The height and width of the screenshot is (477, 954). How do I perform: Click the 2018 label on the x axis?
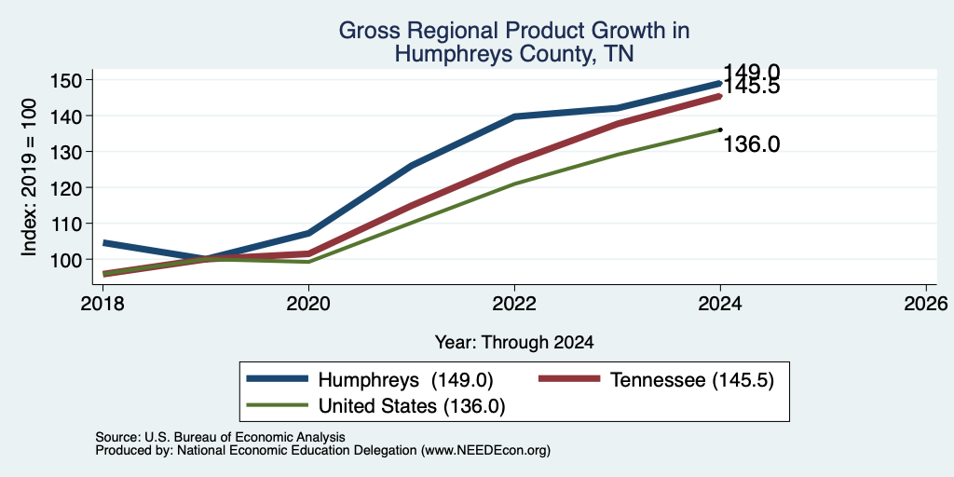click(x=102, y=304)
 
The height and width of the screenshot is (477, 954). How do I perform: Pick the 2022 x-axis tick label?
click(x=514, y=304)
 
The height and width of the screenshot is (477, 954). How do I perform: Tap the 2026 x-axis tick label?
click(x=927, y=304)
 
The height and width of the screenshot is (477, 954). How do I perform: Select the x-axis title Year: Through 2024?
click(x=514, y=342)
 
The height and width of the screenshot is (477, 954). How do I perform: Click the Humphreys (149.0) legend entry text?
click(x=405, y=380)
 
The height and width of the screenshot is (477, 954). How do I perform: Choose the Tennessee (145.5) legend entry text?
click(x=692, y=380)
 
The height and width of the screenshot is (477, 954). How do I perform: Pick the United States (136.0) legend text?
click(x=411, y=405)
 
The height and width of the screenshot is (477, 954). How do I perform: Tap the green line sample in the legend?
click(x=277, y=404)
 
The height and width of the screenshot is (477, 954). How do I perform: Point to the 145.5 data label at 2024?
click(x=752, y=87)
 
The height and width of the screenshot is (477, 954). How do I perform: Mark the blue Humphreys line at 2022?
click(x=514, y=116)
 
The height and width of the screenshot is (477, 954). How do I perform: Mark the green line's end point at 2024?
click(x=720, y=129)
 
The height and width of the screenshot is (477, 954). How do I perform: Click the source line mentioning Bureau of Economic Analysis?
click(x=220, y=437)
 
